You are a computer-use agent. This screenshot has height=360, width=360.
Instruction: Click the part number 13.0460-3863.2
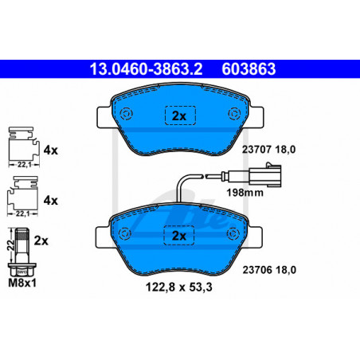(146, 69)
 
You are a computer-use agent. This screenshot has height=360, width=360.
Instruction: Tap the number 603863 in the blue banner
(248, 69)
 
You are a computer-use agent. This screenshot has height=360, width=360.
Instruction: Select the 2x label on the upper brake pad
(179, 116)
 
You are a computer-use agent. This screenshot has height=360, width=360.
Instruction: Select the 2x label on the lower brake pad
(179, 236)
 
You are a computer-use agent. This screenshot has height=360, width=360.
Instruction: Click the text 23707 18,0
(268, 150)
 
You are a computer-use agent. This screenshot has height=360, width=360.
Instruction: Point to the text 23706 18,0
(269, 270)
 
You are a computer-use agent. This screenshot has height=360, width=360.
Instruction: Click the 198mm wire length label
(245, 193)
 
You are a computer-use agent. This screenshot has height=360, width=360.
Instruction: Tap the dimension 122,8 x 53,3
(179, 287)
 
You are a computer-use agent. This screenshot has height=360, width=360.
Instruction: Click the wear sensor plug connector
(265, 175)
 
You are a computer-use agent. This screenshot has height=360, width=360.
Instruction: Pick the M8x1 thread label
(22, 283)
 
